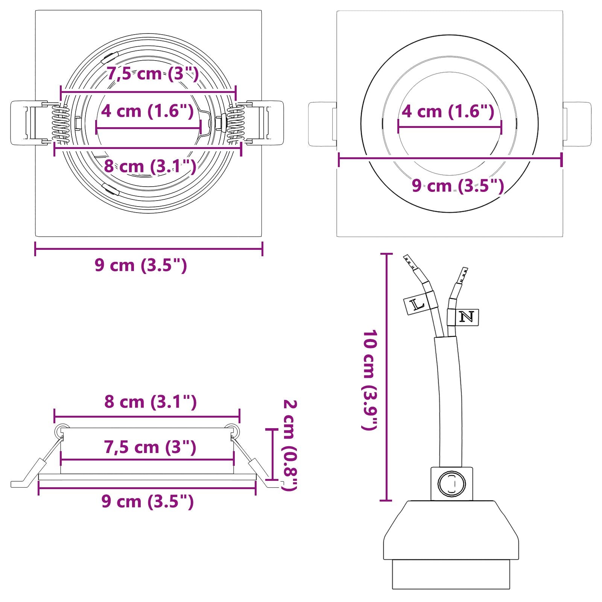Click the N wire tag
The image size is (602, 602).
[467, 317]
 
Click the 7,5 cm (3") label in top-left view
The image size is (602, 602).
[152, 73]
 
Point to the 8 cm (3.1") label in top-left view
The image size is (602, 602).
[150, 166]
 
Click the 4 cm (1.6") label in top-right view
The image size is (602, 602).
[448, 111]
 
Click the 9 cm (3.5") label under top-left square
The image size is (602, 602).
[141, 265]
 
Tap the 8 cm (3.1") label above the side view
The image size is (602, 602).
[150, 401]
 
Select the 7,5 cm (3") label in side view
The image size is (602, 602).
[150, 447]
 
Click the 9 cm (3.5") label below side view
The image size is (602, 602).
[147, 501]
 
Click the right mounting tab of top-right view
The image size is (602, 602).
[577, 124]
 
